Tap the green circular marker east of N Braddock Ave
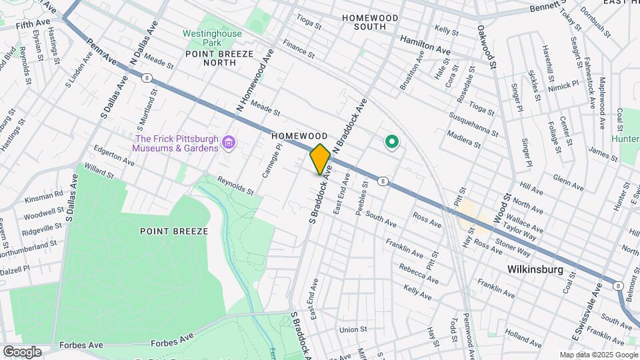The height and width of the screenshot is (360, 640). (x=392, y=141)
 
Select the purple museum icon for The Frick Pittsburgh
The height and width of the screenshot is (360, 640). (x=229, y=142)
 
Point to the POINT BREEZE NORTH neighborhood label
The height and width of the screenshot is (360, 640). (x=211, y=62)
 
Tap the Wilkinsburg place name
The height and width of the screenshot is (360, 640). (x=535, y=270)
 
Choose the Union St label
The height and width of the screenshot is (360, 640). (x=353, y=329)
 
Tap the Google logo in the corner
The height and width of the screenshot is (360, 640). (x=23, y=351)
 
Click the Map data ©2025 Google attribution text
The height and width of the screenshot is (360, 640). (x=598, y=355)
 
